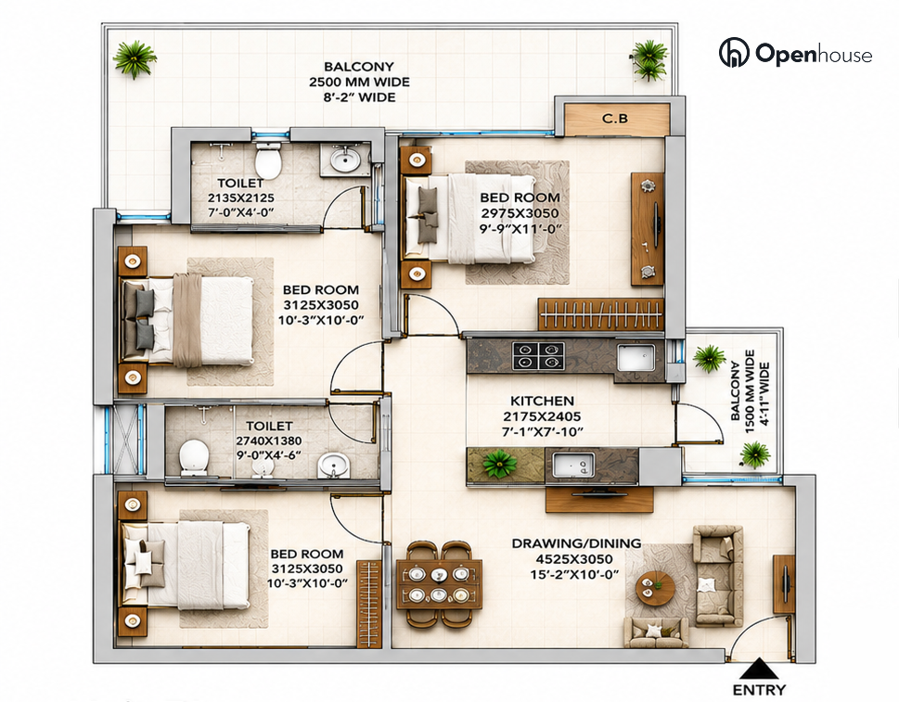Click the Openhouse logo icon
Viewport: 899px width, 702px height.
[x=734, y=52]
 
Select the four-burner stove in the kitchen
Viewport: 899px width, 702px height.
[x=538, y=355]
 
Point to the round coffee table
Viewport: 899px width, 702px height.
[x=655, y=587]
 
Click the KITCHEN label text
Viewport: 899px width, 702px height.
[x=542, y=402]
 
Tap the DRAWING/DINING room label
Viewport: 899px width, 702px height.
[x=576, y=543]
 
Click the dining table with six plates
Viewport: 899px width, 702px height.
[x=439, y=582]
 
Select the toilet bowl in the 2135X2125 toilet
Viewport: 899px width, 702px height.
[x=268, y=160]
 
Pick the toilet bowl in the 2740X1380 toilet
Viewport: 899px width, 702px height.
[x=193, y=457]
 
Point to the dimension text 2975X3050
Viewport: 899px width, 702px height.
[x=520, y=213]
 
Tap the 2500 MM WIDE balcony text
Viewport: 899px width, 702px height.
[x=359, y=82]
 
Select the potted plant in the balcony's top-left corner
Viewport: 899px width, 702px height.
[x=135, y=59]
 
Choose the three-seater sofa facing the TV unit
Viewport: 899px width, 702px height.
[x=718, y=577]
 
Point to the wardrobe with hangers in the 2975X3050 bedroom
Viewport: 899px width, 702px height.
[x=600, y=314]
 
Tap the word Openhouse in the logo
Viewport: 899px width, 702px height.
[x=814, y=53]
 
